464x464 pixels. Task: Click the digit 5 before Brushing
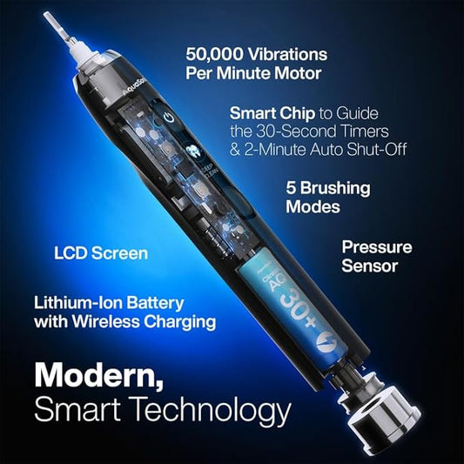point(291,186)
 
